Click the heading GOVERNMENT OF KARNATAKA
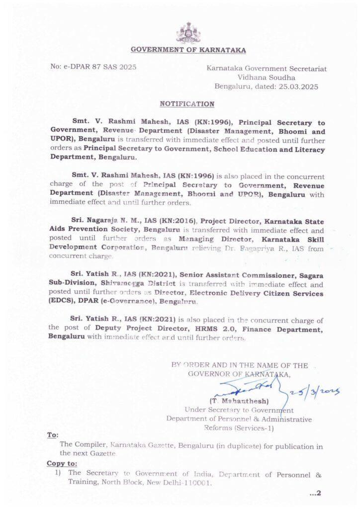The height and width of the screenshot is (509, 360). click(x=188, y=50)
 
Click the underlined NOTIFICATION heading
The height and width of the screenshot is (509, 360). click(x=187, y=104)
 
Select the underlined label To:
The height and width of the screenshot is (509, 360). click(x=53, y=434)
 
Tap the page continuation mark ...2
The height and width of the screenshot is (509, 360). click(x=316, y=493)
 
